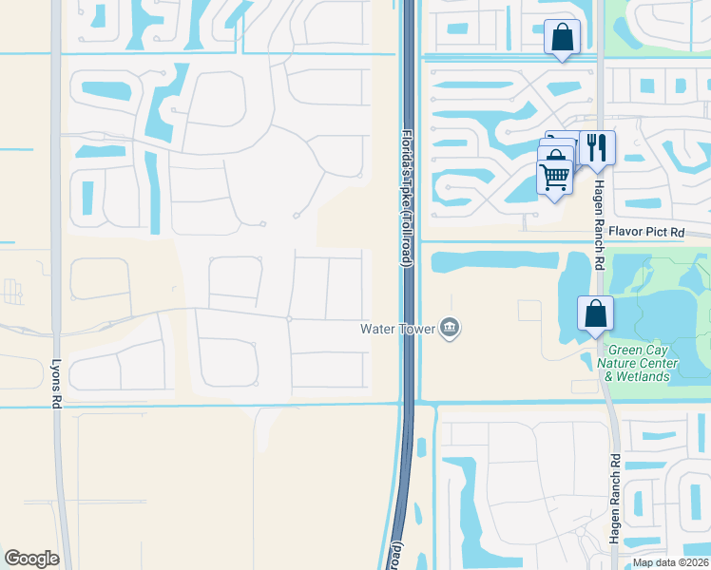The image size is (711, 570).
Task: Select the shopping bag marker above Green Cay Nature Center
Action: click(595, 313)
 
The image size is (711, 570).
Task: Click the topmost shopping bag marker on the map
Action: click(562, 38)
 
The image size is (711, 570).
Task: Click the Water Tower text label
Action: click(397, 329)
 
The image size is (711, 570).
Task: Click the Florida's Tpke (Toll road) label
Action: click(407, 199)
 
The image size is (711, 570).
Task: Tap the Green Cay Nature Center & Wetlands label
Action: click(643, 363)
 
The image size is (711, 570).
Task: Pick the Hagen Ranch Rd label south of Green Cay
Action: click(615, 499)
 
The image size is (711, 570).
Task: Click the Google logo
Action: click(31, 559)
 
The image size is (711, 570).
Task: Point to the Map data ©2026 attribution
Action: click(669, 562)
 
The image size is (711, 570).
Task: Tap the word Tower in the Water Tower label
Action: click(415, 329)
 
